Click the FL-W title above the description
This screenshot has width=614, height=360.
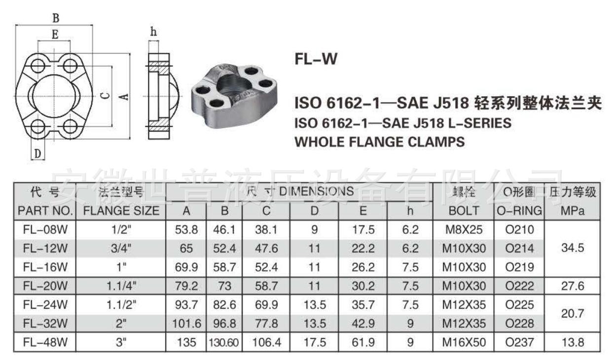316,59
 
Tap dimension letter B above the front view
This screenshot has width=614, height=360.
56,18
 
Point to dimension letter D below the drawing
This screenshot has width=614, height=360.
38,154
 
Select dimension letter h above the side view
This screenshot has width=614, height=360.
153,32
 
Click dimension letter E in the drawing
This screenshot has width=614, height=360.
55,35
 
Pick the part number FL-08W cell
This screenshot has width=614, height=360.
45,229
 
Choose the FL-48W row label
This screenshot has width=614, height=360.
45,342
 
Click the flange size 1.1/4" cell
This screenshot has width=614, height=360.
121,286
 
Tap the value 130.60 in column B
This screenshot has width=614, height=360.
224,342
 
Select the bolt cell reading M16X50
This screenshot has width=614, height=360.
464,342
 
